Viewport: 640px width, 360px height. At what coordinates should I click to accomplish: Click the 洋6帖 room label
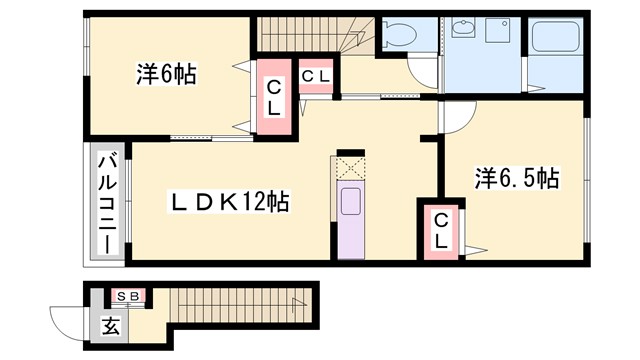(x=165, y=73)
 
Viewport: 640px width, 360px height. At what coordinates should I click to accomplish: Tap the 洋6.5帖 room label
(x=515, y=179)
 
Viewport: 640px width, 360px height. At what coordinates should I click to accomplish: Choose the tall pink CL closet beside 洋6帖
(x=272, y=98)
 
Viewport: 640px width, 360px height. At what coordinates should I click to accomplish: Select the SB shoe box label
(x=130, y=296)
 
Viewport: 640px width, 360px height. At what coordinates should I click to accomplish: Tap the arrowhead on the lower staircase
(x=295, y=303)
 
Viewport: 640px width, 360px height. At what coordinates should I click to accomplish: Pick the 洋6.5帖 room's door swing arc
(x=452, y=116)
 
